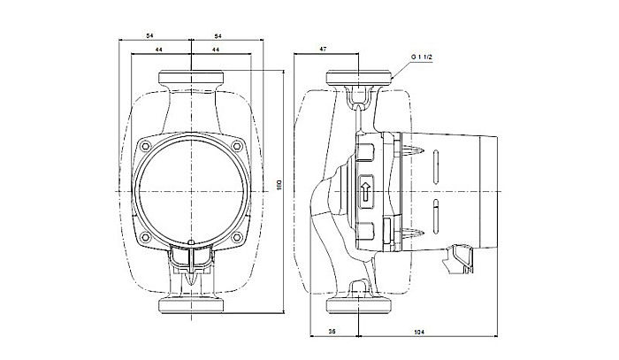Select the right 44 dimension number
tap(216, 51)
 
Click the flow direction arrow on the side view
tap(366, 190)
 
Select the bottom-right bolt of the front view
tap(237, 237)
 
